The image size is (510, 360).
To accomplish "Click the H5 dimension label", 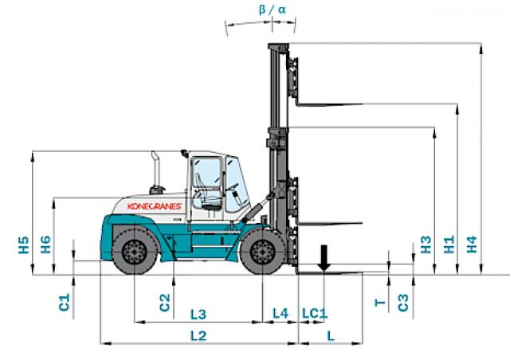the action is click(24, 245).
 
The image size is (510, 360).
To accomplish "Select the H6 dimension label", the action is click(45, 245).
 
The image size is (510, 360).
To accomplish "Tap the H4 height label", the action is click(472, 245).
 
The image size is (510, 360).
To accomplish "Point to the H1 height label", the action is click(449, 245).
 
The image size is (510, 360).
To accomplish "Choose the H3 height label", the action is click(426, 245).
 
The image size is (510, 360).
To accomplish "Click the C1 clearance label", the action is click(65, 302).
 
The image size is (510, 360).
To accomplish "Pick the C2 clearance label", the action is click(165, 303).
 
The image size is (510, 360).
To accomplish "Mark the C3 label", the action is click(403, 303).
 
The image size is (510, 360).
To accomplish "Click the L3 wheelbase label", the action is click(198, 315).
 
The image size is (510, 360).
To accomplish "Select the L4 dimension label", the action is click(280, 313).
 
